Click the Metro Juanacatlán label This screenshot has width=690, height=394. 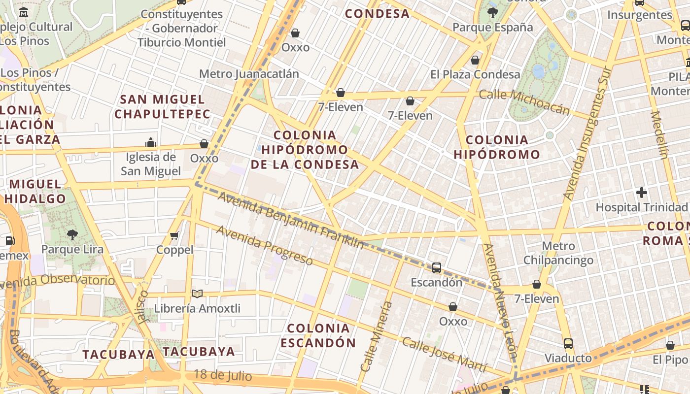pyautogui.click(x=249, y=74)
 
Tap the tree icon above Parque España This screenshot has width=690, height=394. pyautogui.click(x=492, y=12)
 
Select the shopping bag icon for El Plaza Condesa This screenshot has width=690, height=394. pyautogui.click(x=475, y=60)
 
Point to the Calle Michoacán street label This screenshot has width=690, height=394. pyautogui.click(x=524, y=102)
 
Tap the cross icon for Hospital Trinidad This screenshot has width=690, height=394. pyautogui.click(x=641, y=193)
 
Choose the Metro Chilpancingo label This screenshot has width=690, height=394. pyautogui.click(x=558, y=253)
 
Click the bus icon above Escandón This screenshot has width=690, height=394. pyautogui.click(x=437, y=268)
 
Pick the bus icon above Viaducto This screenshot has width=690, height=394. pyautogui.click(x=568, y=343)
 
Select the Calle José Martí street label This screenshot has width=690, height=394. pyautogui.click(x=444, y=355)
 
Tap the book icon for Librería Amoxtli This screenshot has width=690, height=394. pyautogui.click(x=197, y=294)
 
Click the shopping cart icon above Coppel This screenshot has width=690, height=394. pyautogui.click(x=174, y=236)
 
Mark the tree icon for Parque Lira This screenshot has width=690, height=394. pyautogui.click(x=72, y=234)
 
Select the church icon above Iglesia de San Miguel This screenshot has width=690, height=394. pyautogui.click(x=151, y=143)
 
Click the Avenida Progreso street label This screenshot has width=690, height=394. pyautogui.click(x=264, y=245)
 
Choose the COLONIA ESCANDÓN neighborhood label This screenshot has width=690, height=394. pyautogui.click(x=318, y=335)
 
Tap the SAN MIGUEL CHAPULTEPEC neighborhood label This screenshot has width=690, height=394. pyautogui.click(x=163, y=107)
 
